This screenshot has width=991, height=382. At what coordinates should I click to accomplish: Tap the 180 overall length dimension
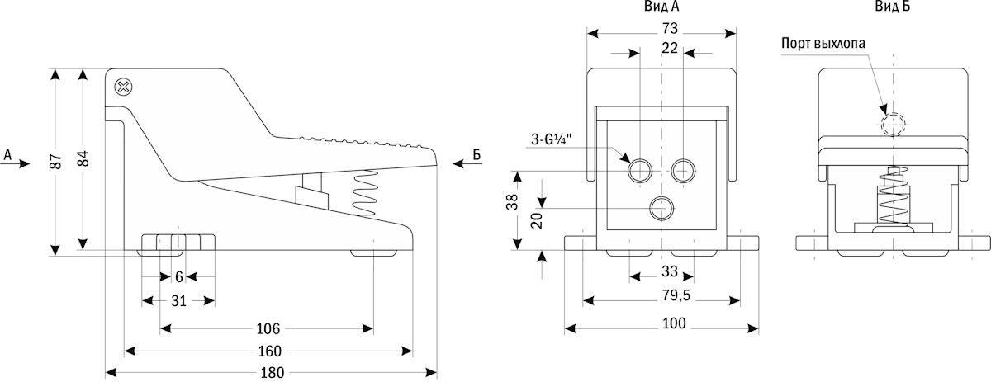point(272,372)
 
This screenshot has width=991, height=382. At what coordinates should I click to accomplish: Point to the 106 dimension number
point(266,328)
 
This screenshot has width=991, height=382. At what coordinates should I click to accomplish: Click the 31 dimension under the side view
point(178,300)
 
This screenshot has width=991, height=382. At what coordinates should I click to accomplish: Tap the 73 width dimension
point(670,28)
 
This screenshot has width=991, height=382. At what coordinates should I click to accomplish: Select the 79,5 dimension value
point(670,295)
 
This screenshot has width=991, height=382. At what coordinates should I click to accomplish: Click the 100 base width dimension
point(673,323)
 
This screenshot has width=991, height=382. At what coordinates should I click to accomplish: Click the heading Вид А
point(661,7)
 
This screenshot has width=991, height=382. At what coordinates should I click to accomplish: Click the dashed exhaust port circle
point(892,125)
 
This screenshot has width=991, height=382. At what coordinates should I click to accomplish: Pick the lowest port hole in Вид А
point(660,209)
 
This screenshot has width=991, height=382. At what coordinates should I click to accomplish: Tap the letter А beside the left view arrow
point(7,154)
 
